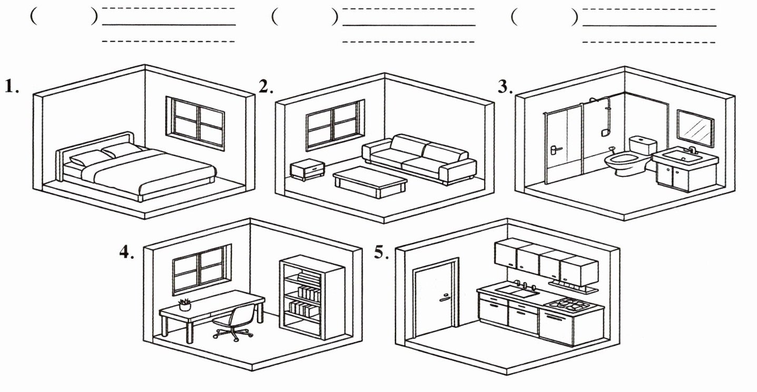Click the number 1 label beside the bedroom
pyautogui.click(x=11, y=86)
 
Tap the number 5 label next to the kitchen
pyautogui.click(x=381, y=253)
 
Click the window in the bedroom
pyautogui.click(x=195, y=123)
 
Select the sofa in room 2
pyautogui.click(x=419, y=159)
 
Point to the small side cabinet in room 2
pyautogui.click(x=308, y=169)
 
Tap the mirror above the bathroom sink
pyautogui.click(x=695, y=128)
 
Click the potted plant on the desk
pyautogui.click(x=184, y=305)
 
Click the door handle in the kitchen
pyautogui.click(x=444, y=298)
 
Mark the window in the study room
pyautogui.click(x=202, y=269)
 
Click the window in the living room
pyautogui.click(x=335, y=124)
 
